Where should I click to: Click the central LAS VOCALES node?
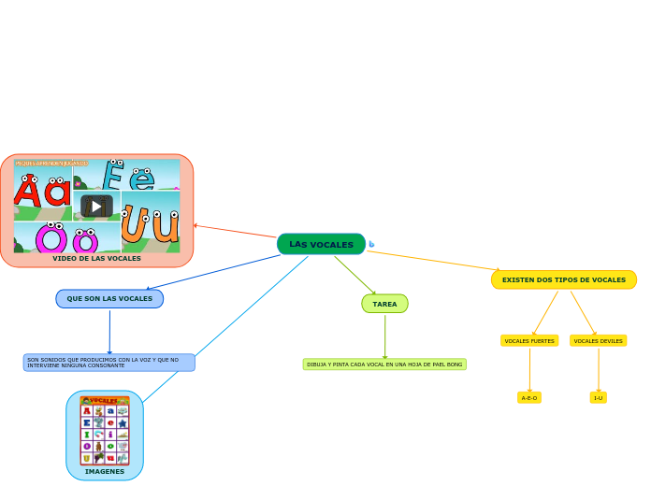click(x=321, y=244)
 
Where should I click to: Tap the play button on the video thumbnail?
click(x=96, y=207)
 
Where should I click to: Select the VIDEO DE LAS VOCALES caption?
click(x=96, y=259)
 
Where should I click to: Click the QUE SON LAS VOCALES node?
click(x=109, y=299)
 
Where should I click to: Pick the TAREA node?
click(x=384, y=304)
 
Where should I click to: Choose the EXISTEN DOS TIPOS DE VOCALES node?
click(x=563, y=279)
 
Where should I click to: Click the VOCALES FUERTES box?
click(x=529, y=341)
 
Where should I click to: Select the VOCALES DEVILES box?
click(x=598, y=341)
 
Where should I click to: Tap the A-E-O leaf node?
click(x=529, y=397)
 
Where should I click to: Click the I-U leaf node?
click(x=598, y=397)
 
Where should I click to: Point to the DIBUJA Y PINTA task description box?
click(x=384, y=364)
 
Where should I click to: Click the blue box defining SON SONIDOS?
click(x=109, y=363)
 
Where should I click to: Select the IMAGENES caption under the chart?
click(x=105, y=472)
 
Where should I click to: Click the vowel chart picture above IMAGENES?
click(x=105, y=430)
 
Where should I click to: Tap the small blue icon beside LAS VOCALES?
click(x=371, y=245)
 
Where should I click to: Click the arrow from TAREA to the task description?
click(x=384, y=336)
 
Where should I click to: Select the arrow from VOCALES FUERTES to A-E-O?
click(x=529, y=370)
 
